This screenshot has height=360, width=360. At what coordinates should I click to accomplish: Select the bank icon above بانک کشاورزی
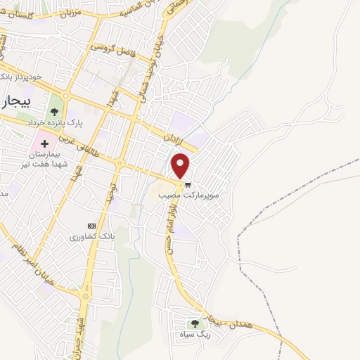(90, 225)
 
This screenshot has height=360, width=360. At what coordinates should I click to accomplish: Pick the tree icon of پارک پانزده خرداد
(54, 109)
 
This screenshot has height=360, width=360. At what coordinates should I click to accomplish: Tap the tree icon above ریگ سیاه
(195, 323)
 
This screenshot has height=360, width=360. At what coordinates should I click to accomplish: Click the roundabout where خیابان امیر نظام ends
(84, 296)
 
